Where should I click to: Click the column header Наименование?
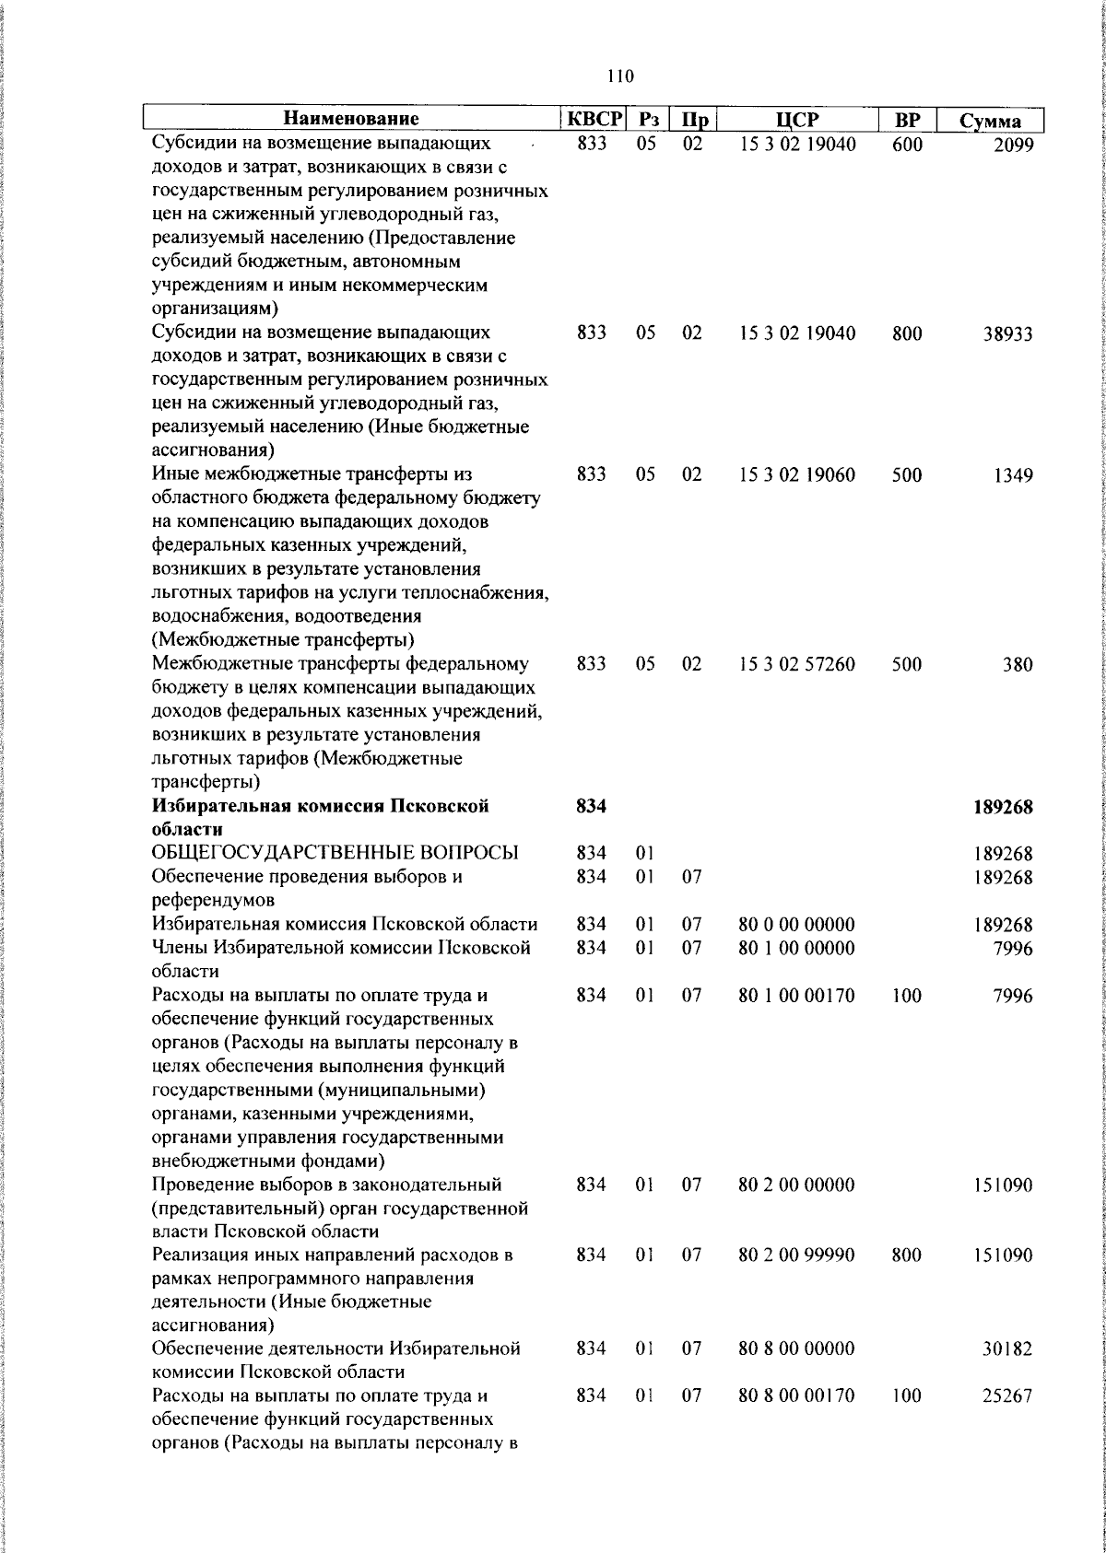(350, 119)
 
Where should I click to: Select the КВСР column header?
(594, 119)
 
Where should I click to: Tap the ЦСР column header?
(797, 120)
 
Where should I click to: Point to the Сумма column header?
(990, 121)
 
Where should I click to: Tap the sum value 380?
(1018, 664)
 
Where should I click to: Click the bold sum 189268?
(1003, 807)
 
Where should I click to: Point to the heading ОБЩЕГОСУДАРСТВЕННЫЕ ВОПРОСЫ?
(335, 853)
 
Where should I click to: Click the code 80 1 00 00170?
(796, 995)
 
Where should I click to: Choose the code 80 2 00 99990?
(796, 1255)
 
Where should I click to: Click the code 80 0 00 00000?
(796, 925)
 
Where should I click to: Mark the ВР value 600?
(907, 144)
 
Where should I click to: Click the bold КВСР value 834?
(591, 806)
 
